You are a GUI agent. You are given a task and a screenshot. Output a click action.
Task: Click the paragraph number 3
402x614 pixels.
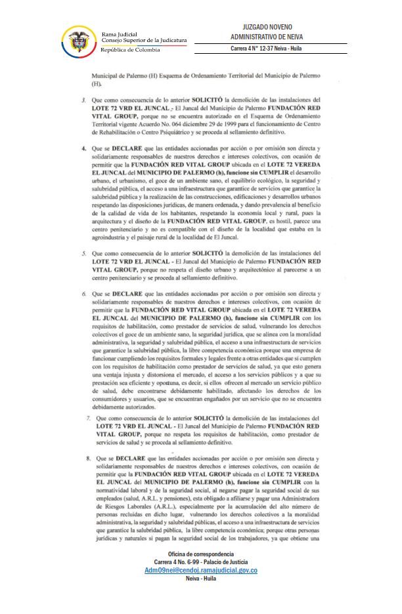coord(83,100)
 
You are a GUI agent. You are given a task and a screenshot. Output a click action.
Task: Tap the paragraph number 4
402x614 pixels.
coord(83,149)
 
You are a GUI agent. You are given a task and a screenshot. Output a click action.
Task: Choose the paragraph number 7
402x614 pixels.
coord(89,417)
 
